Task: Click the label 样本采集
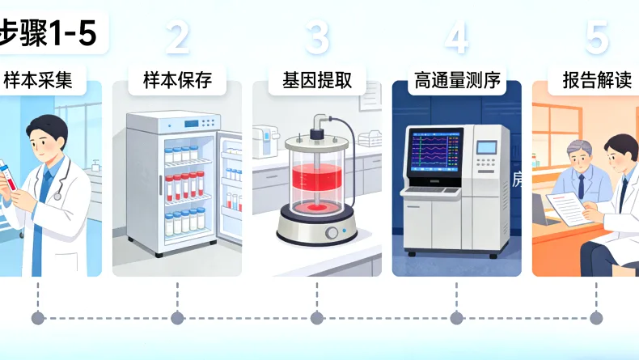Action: click(x=38, y=81)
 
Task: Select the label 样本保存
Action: click(x=177, y=81)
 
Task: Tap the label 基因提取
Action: click(x=317, y=81)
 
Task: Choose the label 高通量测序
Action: click(x=456, y=81)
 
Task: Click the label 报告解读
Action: click(x=596, y=81)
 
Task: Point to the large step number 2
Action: click(x=177, y=36)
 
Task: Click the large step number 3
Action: click(x=317, y=36)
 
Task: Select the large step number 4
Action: click(x=456, y=36)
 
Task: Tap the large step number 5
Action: click(x=596, y=36)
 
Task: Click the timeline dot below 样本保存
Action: click(x=177, y=318)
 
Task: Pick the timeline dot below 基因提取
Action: click(x=317, y=318)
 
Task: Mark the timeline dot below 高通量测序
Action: click(x=456, y=318)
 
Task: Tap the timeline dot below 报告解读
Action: click(x=596, y=318)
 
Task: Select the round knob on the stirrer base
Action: click(x=331, y=234)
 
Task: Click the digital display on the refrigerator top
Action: click(x=192, y=124)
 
